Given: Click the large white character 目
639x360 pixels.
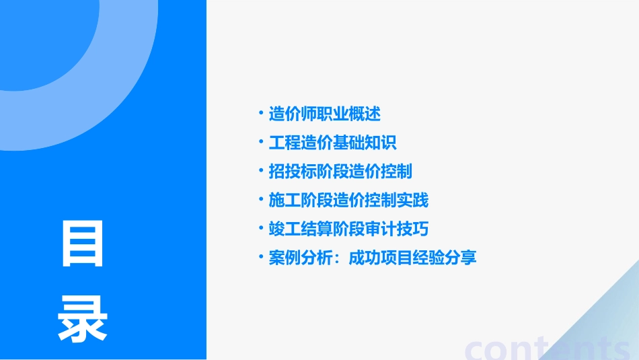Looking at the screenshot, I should click(x=83, y=244).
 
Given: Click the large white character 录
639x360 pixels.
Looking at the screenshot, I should click(x=83, y=320).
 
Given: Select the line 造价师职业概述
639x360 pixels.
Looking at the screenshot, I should click(x=325, y=114).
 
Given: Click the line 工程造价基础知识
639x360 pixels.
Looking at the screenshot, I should click(x=333, y=143).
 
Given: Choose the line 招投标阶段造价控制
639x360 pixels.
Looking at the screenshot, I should click(x=340, y=172).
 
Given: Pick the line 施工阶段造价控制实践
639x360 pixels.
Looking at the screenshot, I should click(x=348, y=200).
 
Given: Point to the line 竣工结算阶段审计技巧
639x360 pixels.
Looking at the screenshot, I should click(x=348, y=229).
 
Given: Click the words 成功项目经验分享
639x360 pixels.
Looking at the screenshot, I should click(x=412, y=258).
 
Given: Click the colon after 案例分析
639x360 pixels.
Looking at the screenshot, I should click(x=338, y=258).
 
